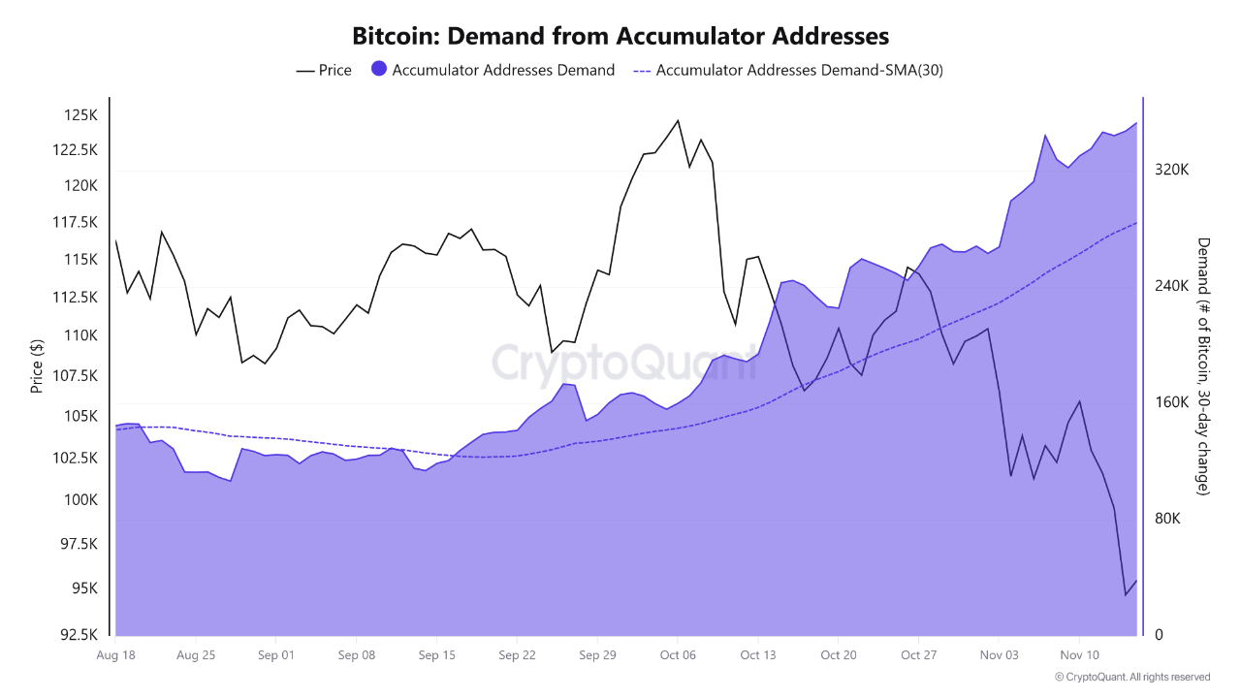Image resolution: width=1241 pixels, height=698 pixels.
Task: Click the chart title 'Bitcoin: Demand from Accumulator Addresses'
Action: [620, 37]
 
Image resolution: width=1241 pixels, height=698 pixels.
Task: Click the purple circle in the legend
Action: [379, 69]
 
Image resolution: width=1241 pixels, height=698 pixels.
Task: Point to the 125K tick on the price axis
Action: [80, 115]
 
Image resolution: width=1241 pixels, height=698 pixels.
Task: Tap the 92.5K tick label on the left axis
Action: [78, 635]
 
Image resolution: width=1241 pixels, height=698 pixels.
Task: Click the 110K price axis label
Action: [80, 335]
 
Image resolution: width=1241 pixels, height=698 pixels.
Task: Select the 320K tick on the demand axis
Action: [1171, 170]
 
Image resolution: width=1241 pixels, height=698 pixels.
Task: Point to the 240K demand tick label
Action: [1171, 286]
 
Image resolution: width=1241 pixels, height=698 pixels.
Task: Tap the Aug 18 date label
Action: [115, 654]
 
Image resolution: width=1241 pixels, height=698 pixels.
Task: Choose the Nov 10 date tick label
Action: [1078, 654]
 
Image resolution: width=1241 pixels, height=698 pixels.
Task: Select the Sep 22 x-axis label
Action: [517, 654]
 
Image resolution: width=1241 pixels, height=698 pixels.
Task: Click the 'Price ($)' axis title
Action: [37, 365]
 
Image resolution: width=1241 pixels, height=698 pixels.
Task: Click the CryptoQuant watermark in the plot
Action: [622, 362]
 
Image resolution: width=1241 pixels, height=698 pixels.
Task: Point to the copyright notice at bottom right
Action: [1132, 677]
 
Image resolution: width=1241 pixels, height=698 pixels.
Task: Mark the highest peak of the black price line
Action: [678, 120]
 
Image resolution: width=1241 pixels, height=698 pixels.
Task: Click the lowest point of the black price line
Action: [1126, 595]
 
